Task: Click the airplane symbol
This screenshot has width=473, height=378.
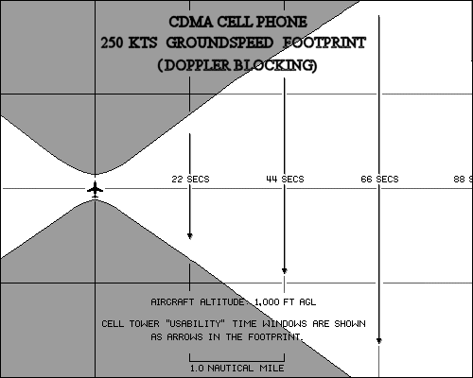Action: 95,190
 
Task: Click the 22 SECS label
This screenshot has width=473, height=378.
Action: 190,180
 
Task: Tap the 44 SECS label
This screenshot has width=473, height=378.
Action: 285,180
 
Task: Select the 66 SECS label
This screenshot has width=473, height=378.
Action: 379,180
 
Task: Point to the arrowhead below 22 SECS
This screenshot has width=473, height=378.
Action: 189,236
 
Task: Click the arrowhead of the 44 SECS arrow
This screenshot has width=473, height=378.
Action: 284,270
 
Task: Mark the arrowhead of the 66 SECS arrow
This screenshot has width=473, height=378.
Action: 379,341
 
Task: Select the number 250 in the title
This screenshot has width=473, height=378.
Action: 112,43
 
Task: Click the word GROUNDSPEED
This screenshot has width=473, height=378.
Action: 219,43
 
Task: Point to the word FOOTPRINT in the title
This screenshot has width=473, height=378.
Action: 324,43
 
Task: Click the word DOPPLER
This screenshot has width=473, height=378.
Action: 198,65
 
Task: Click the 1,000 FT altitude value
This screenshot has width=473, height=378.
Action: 274,302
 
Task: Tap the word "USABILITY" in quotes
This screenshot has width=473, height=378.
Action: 194,324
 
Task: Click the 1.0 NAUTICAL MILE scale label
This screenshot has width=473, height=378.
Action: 236,368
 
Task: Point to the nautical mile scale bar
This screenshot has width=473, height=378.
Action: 236,361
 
